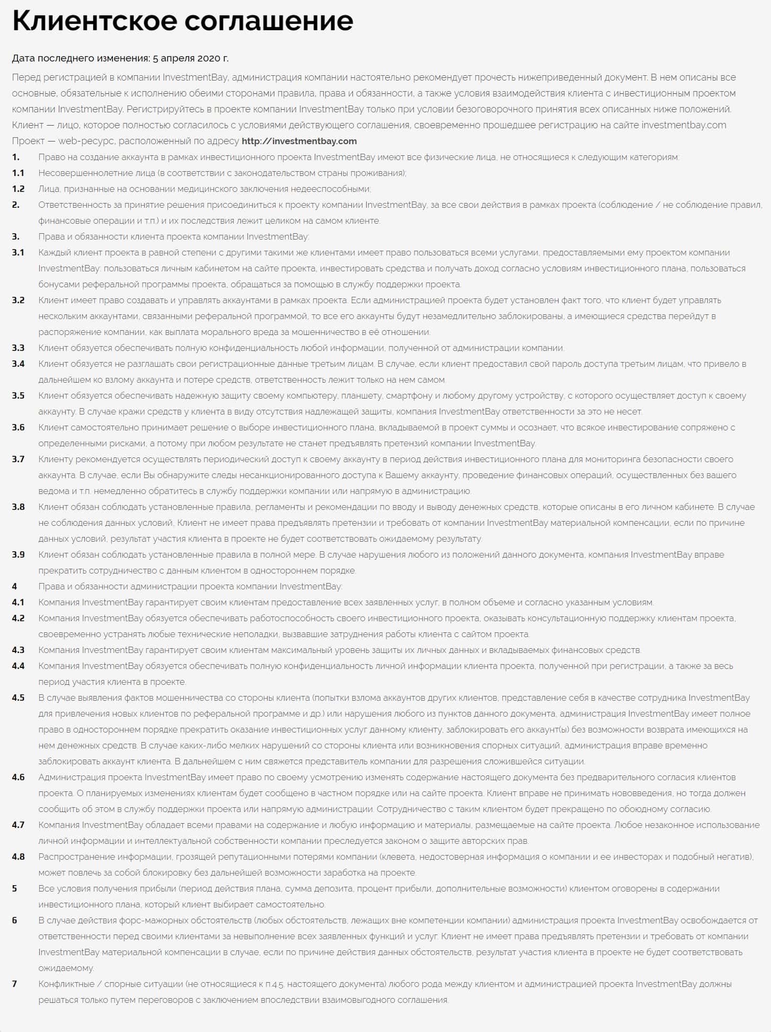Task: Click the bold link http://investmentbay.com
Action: coord(299,141)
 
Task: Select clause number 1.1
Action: coord(18,173)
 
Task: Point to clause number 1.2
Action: coord(18,189)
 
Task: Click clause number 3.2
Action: coord(18,300)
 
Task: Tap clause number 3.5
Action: coord(18,395)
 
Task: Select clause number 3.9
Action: coord(18,554)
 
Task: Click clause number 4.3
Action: coord(18,650)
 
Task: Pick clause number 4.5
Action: coord(18,698)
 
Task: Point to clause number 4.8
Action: coord(18,857)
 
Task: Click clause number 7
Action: coord(14,984)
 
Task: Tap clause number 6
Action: coord(14,920)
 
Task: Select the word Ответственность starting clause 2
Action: coord(72,205)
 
